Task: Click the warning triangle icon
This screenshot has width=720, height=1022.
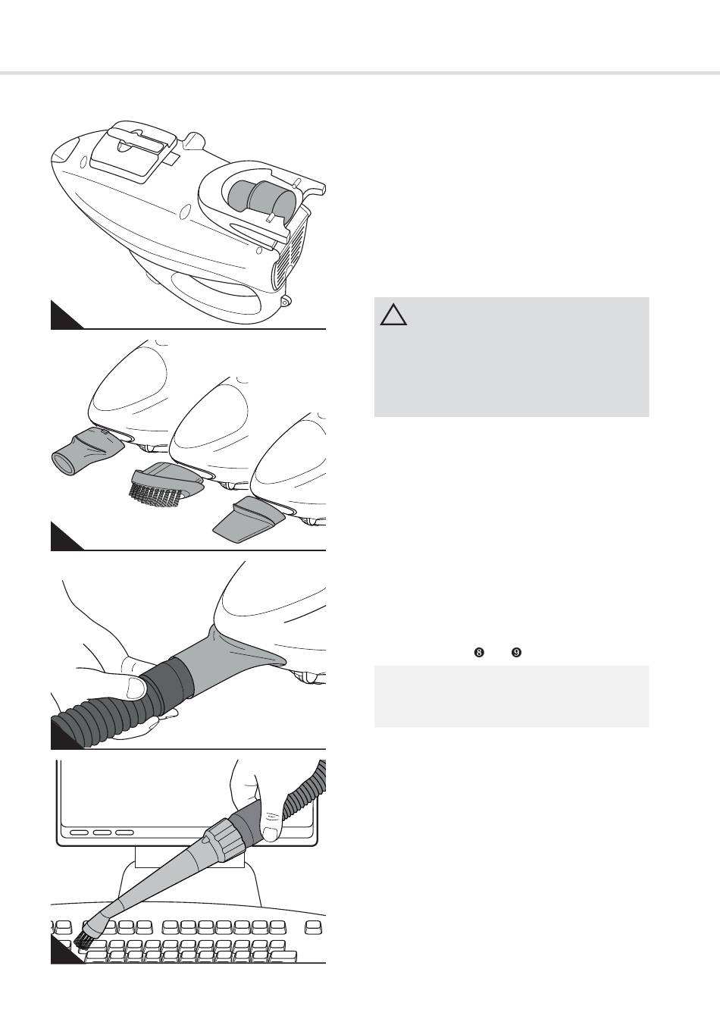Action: tap(393, 315)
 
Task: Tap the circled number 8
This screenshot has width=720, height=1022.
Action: tap(479, 653)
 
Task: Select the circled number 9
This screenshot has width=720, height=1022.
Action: tap(516, 653)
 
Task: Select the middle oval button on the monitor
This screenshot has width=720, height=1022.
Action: tap(102, 832)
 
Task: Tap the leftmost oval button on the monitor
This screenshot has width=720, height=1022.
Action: tap(79, 832)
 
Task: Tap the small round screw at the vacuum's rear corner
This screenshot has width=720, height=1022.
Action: tap(286, 301)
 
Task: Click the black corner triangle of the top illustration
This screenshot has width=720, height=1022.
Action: tap(62, 318)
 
